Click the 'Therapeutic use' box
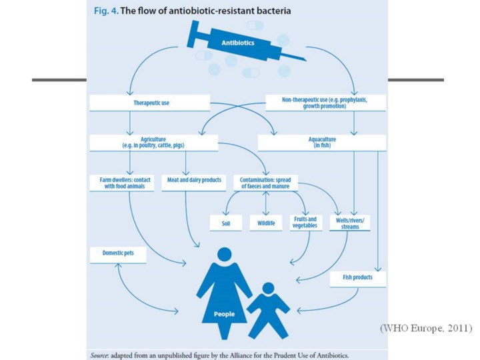149,103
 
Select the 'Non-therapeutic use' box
325,103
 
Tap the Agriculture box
153,143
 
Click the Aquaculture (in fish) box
321,142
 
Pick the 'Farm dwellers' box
122,183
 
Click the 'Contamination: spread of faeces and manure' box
265,183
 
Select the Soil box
226,224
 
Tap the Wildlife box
265,223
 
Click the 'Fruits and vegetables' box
305,223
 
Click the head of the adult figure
224,254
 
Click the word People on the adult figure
223,314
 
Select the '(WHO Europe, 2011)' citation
426,329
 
